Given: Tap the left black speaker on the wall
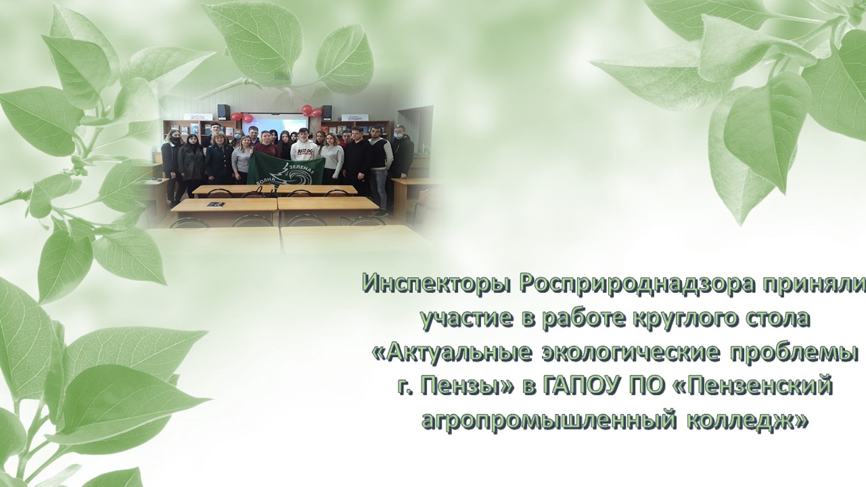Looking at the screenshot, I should (x=223, y=111).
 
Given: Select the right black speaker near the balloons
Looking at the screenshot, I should (x=327, y=112).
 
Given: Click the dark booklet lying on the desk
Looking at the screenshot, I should (x=214, y=205).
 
